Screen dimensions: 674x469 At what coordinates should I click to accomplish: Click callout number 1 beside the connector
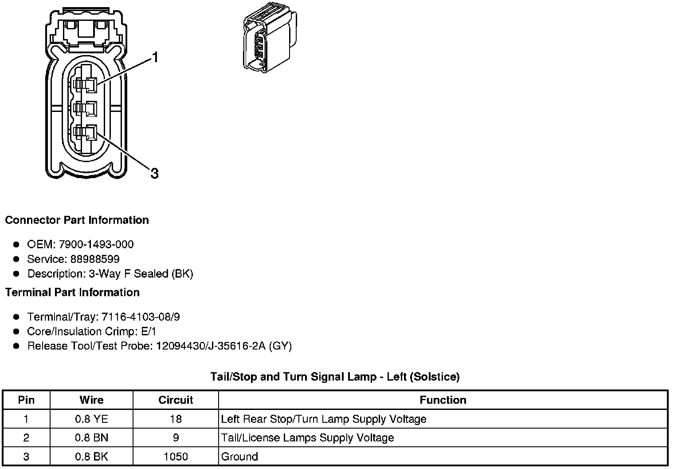tap(155, 57)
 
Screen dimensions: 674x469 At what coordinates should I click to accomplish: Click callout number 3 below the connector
tap(154, 173)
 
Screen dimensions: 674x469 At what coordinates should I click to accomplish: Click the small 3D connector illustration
tap(269, 39)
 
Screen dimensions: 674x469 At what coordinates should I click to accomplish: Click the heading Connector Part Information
tap(77, 220)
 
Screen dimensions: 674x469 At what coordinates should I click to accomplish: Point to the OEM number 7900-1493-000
tap(96, 244)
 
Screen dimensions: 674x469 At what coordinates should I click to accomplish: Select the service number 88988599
tap(95, 259)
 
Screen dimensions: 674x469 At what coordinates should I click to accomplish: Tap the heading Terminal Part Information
tap(72, 292)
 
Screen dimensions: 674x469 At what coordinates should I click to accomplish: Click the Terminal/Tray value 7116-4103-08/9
tap(141, 317)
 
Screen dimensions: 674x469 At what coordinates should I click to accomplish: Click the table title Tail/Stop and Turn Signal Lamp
tap(335, 377)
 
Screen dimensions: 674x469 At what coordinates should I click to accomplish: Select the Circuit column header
tap(176, 400)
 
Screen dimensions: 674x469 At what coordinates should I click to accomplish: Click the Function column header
tap(443, 400)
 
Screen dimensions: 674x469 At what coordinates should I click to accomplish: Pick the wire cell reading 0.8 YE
tap(91, 419)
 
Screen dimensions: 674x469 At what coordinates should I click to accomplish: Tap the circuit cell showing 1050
tap(176, 457)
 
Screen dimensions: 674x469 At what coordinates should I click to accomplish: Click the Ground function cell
tap(239, 457)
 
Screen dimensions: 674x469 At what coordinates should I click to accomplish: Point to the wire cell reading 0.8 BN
tap(91, 438)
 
